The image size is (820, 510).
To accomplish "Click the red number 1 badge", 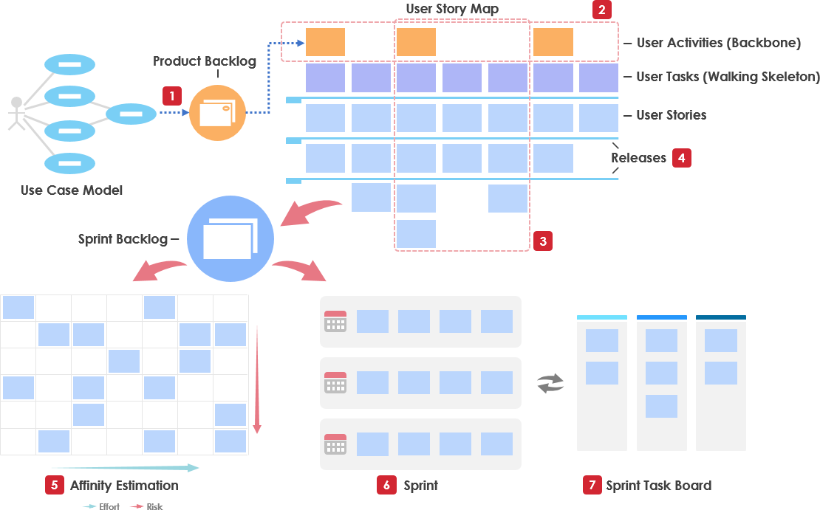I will coord(171,96).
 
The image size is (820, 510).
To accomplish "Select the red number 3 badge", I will coord(543,241).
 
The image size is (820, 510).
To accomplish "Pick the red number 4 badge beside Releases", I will coord(681,158).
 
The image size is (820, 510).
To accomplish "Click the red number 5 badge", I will coord(54,485).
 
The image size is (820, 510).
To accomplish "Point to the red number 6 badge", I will coord(386,485).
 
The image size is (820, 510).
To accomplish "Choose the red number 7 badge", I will coord(590,485).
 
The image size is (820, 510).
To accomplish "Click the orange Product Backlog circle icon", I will coord(217,113).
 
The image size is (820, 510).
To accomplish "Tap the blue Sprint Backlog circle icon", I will coord(230,238).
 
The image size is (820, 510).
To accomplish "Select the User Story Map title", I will coord(452,10).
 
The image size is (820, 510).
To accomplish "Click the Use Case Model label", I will coord(72,190).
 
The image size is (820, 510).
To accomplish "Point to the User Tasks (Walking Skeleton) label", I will coord(728,77).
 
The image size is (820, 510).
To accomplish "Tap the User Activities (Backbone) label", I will coord(718,43).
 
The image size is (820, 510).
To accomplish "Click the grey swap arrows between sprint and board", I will coord(550,383).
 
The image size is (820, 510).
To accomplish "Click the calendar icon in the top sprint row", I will coord(335,321).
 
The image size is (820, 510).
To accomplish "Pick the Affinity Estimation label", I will coord(124,485).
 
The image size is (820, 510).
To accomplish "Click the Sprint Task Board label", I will coord(658,485).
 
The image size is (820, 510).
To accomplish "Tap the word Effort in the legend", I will coord(109,506).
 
